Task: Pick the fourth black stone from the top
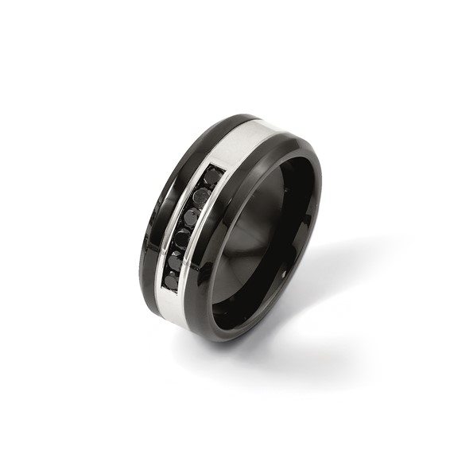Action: click(x=182, y=238)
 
